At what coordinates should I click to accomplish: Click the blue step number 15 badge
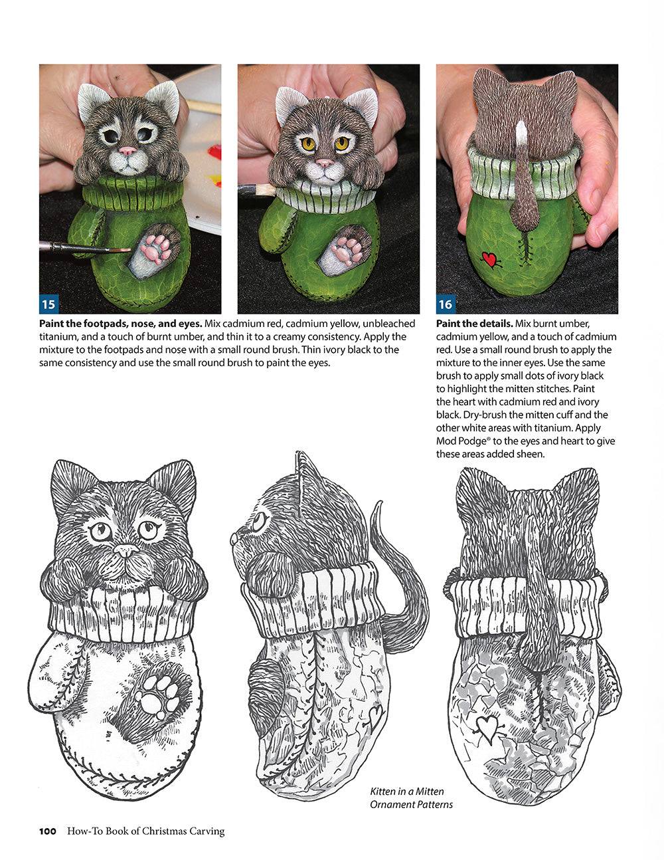(x=48, y=305)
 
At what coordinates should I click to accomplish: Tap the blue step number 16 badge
(x=445, y=305)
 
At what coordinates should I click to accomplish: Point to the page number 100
(x=48, y=831)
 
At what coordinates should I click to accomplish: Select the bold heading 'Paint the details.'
(x=474, y=324)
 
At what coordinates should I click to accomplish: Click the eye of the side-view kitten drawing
(x=257, y=517)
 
